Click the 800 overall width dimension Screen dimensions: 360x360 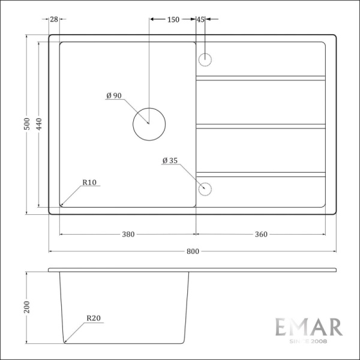(x=192, y=252)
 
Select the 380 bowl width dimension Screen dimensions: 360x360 (x=128, y=235)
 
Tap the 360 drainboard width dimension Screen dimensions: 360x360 (x=260, y=235)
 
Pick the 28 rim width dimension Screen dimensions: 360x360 (x=54, y=20)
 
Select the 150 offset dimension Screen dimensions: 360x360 (x=173, y=20)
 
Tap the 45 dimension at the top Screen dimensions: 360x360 (x=200, y=20)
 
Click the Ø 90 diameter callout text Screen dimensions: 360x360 (x=114, y=96)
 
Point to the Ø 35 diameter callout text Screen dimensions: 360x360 (x=170, y=161)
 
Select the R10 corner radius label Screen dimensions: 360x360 (x=90, y=182)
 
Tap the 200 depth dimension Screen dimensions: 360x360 (x=26, y=307)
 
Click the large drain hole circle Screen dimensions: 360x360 (x=148, y=124)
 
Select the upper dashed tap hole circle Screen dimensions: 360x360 (x=205, y=59)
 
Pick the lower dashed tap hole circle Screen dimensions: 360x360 (x=205, y=188)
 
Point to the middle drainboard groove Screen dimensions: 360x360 (x=261, y=126)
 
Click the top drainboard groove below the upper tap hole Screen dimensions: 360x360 (x=261, y=77)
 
